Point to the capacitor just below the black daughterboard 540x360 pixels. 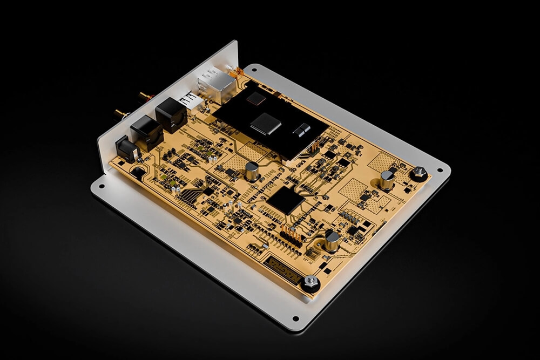coord(252,171)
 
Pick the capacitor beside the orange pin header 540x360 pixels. coord(332,240)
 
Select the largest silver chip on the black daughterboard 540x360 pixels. coord(264,123)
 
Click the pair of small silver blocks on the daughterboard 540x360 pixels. coord(301,130)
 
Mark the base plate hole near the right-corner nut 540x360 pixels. coord(439,171)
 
